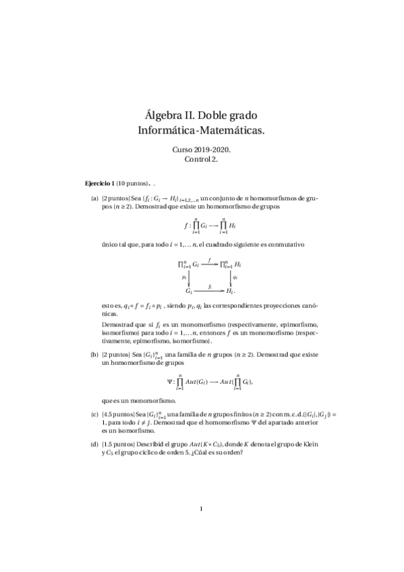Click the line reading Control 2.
(202, 159)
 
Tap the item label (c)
(94, 413)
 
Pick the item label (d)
(94, 445)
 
